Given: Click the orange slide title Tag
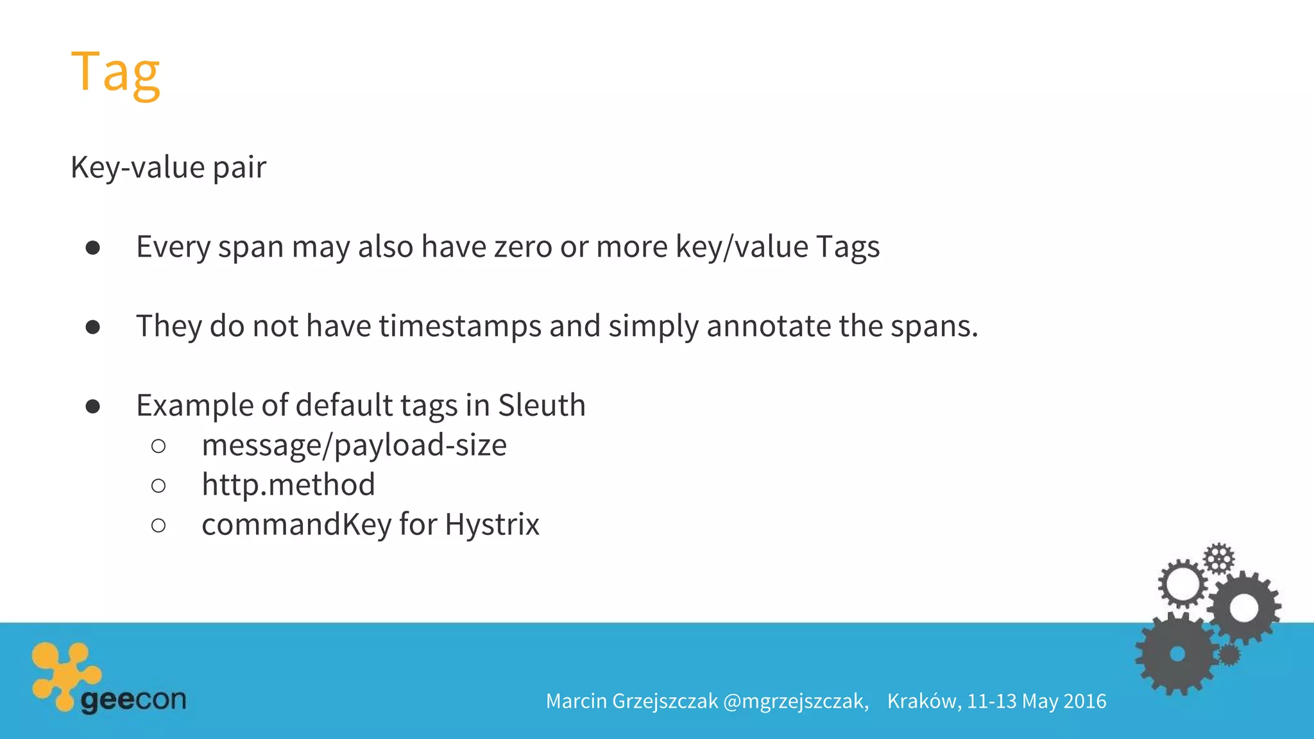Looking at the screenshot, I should coord(115,72).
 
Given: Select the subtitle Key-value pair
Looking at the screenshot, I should coord(168,167).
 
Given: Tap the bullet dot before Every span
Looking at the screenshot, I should coord(93,248).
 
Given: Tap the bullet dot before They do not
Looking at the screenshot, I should coord(93,328).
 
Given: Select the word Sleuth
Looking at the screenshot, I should coord(542,405).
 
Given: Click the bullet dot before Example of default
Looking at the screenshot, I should coord(93,407).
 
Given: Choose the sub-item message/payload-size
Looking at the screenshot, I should coord(354,446).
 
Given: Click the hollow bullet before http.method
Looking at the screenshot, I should coord(158,486).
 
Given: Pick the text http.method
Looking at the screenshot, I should coord(288,485).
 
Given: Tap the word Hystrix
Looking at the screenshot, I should coord(492,525).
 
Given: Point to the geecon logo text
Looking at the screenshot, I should coord(133,699).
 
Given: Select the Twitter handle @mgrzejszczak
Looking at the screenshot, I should coord(796,701).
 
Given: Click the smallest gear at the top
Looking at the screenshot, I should coord(1218,558).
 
